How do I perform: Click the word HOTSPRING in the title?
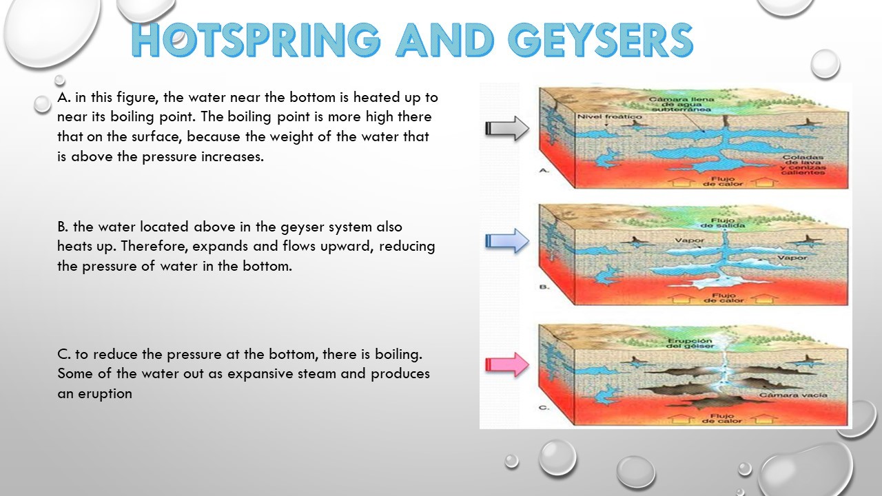coord(255,40)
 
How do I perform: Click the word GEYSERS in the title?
coord(601,40)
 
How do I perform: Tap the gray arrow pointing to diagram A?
coord(506,127)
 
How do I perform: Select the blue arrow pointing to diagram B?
coord(506,241)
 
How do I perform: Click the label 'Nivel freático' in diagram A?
coord(600,116)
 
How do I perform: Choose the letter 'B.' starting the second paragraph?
coord(63,227)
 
